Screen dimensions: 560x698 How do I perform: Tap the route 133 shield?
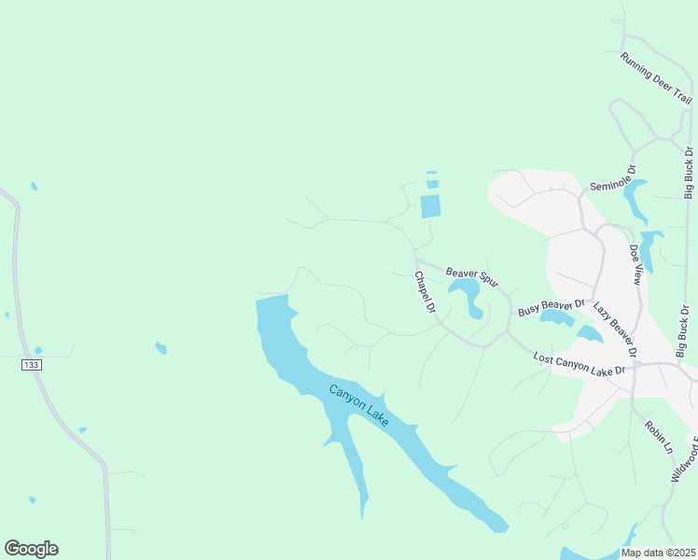(32, 365)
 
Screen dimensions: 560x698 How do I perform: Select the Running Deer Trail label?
(656, 78)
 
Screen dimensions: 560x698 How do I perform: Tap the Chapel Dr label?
(425, 292)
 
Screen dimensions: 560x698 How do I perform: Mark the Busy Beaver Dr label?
(551, 307)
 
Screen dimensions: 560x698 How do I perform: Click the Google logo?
(31, 548)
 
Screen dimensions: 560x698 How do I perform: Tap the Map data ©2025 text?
(659, 553)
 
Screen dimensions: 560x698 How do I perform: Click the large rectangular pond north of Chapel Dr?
(430, 205)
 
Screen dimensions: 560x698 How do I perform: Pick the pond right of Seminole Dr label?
(635, 199)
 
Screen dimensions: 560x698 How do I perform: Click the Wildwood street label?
(685, 456)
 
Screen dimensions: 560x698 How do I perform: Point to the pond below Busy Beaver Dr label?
(557, 319)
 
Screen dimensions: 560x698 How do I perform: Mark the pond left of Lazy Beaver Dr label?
(590, 333)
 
